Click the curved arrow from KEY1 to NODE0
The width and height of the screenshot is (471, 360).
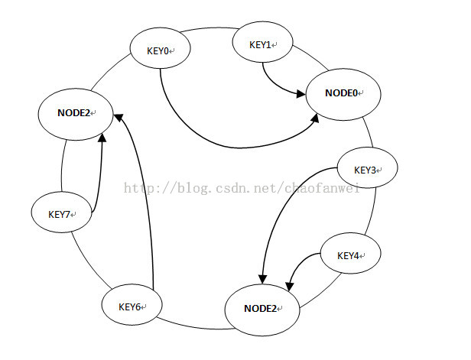(274, 84)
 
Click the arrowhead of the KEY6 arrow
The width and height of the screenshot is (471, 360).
(119, 118)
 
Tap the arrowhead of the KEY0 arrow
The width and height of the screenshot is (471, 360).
(315, 118)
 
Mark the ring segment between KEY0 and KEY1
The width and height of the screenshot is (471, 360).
(210, 28)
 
